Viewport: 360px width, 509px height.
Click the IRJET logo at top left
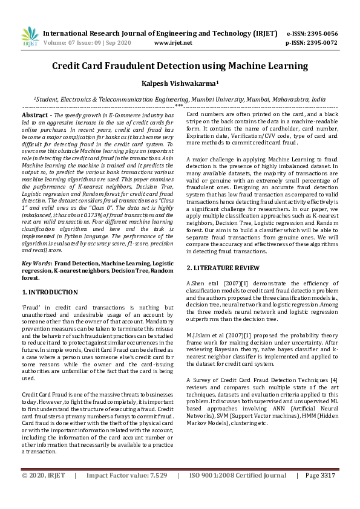click(x=29, y=37)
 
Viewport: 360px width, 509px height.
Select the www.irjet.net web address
click(x=173, y=43)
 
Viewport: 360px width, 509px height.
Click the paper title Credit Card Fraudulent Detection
click(x=180, y=66)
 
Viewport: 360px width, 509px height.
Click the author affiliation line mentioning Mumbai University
click(x=180, y=99)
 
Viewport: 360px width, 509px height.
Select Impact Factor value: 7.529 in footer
click(x=126, y=493)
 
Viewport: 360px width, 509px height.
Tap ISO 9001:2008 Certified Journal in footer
click(x=238, y=493)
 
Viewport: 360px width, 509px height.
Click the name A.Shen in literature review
click(x=196, y=283)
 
